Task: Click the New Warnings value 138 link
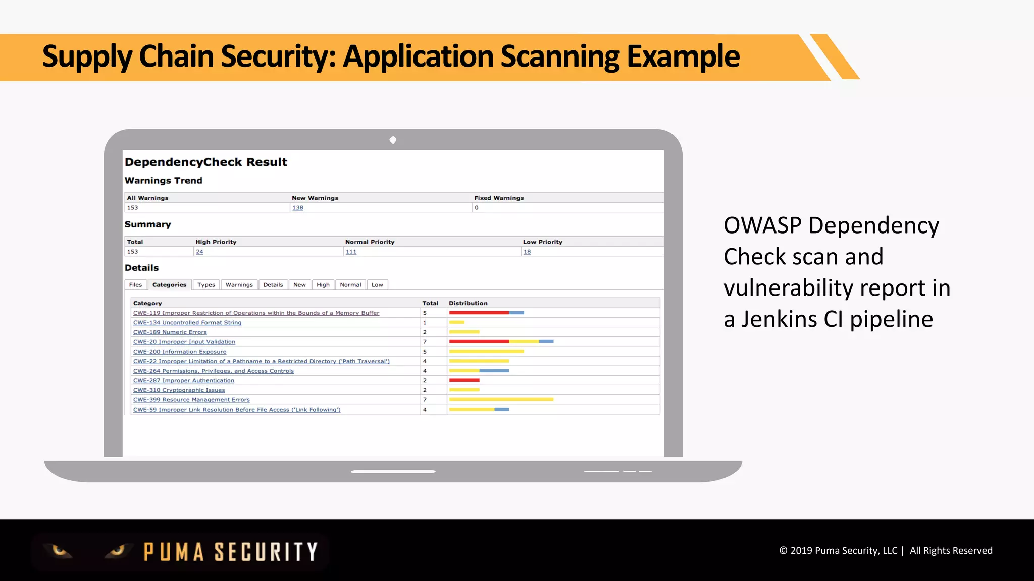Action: [298, 208]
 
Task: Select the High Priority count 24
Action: [199, 252]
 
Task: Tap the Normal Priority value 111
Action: [351, 252]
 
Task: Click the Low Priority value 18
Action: [527, 252]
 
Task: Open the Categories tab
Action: [169, 285]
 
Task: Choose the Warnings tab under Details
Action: [239, 285]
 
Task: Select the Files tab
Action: [135, 285]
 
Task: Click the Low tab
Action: [377, 285]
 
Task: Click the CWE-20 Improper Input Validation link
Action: [184, 342]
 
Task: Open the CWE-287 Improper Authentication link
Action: [183, 381]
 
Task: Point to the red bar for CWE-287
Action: [464, 380]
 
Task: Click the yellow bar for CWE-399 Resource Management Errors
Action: [501, 399]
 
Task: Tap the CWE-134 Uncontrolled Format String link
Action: [187, 323]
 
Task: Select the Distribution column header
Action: [468, 303]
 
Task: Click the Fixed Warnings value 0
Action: [477, 208]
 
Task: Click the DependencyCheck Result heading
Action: [205, 162]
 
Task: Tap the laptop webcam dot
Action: [393, 140]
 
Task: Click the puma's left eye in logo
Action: [60, 550]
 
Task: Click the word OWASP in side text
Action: [762, 225]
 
